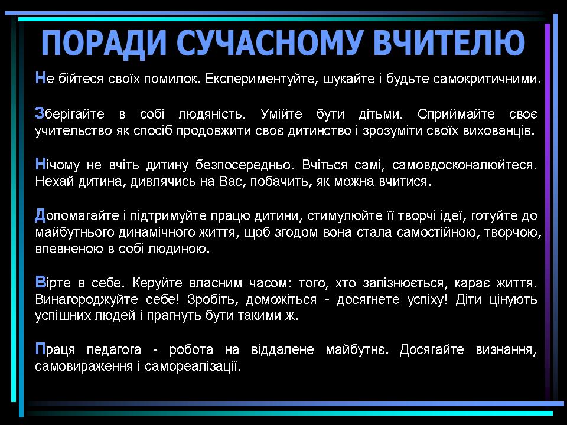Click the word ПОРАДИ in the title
pos(104,43)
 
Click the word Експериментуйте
pos(262,79)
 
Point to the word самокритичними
pos(487,79)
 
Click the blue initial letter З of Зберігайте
pos(40,113)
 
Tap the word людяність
pos(212,114)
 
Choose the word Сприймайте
pos(456,114)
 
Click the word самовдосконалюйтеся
pos(464,165)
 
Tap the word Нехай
pos(54,181)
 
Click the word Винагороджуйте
pos(86,299)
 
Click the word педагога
pos(114,350)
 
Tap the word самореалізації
pos(193,366)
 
